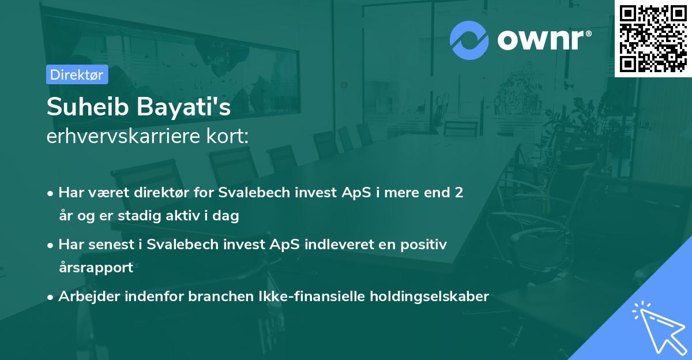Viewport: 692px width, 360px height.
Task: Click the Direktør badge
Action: pos(77,74)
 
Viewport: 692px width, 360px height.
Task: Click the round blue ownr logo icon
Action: pos(469,40)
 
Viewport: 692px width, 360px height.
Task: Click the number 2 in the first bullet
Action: pos(459,192)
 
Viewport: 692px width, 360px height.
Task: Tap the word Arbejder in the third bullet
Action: pos(85,297)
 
